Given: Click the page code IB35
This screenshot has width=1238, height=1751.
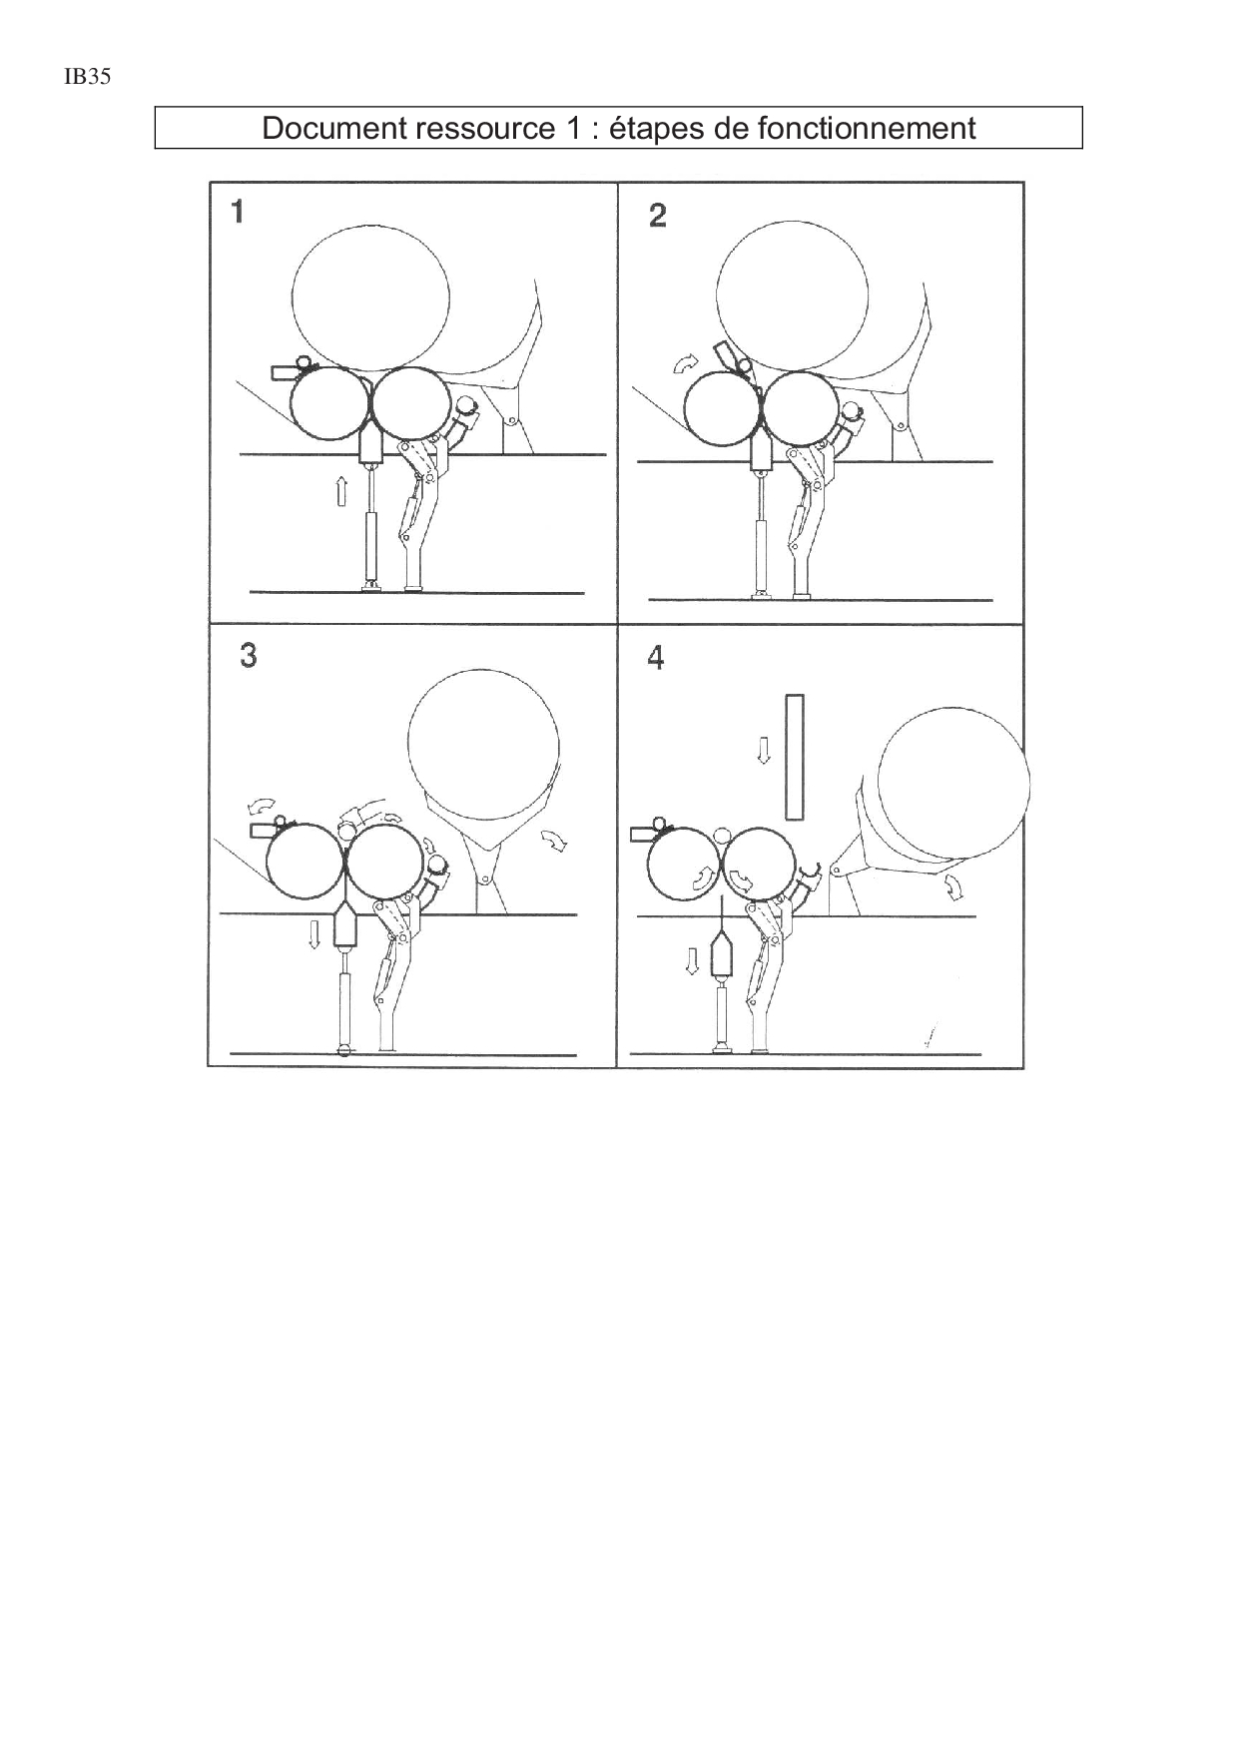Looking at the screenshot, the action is click(87, 77).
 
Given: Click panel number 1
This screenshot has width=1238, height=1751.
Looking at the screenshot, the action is click(238, 212).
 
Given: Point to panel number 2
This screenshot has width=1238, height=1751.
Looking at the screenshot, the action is click(657, 215).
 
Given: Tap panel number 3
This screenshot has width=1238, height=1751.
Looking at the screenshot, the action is click(248, 655).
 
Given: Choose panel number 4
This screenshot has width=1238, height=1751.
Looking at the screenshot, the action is click(656, 658).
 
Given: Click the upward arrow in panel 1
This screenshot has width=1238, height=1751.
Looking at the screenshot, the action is click(341, 491).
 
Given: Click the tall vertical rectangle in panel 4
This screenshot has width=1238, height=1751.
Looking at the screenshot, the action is click(795, 757).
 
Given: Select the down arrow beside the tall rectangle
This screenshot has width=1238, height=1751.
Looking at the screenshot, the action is click(764, 750).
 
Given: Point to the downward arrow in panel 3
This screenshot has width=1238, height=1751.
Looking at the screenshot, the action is click(314, 934).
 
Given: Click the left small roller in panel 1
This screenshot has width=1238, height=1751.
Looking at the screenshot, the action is click(328, 404).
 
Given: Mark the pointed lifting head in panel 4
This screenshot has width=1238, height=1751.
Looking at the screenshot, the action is click(721, 956).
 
